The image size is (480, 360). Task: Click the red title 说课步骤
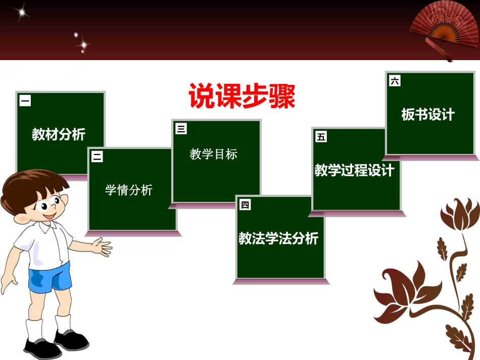(x=242, y=96)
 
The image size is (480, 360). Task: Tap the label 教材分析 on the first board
(x=59, y=134)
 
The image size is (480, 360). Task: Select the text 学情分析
(x=128, y=190)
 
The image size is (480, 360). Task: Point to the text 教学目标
(x=214, y=155)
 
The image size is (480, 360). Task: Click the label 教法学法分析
(x=278, y=238)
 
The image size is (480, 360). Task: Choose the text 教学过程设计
(x=354, y=170)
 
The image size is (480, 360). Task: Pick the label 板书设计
(x=428, y=115)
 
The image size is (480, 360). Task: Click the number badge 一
(x=25, y=101)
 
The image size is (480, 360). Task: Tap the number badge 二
(x=97, y=157)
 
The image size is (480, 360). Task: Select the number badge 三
(x=181, y=129)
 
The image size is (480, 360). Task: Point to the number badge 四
(x=245, y=204)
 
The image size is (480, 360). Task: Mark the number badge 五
(x=321, y=136)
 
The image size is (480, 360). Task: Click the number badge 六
(x=395, y=81)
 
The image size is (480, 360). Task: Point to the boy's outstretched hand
(x=104, y=247)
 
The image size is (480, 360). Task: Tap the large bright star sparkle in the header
(x=22, y=13)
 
